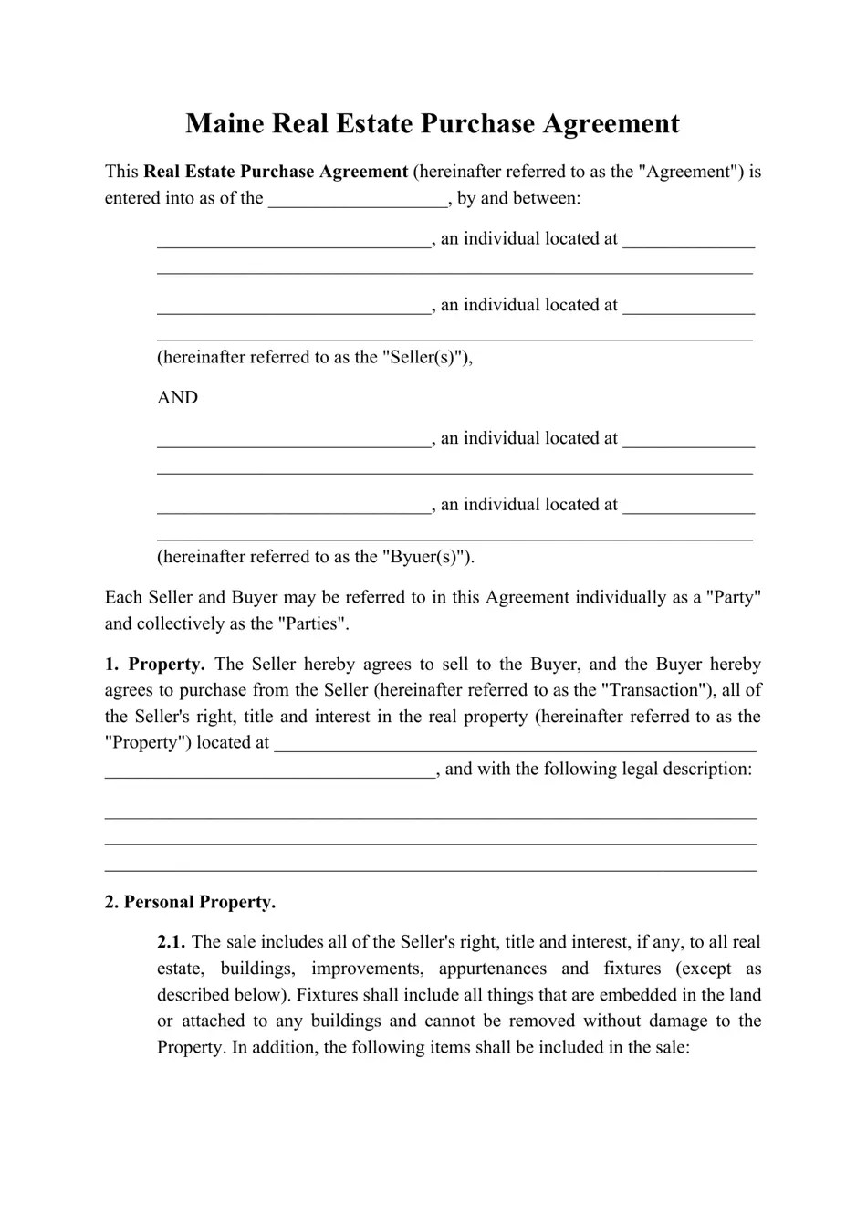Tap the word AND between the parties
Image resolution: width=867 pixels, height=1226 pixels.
pyautogui.click(x=177, y=398)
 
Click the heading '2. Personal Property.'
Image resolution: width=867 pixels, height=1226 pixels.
pyautogui.click(x=190, y=903)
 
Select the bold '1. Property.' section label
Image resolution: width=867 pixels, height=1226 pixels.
pyautogui.click(x=154, y=665)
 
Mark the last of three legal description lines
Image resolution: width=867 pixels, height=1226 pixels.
pyautogui.click(x=431, y=869)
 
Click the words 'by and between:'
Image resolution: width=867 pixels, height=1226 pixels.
pyautogui.click(x=518, y=198)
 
